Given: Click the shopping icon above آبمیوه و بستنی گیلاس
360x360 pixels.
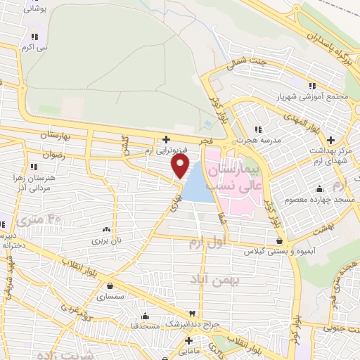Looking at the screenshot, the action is pos(279,241).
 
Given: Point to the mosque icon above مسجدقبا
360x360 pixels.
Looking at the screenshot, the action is pos(146,315).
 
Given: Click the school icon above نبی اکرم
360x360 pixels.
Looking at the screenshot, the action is pos(33,36).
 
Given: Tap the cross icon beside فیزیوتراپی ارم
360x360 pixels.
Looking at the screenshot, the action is pos(166,139).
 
